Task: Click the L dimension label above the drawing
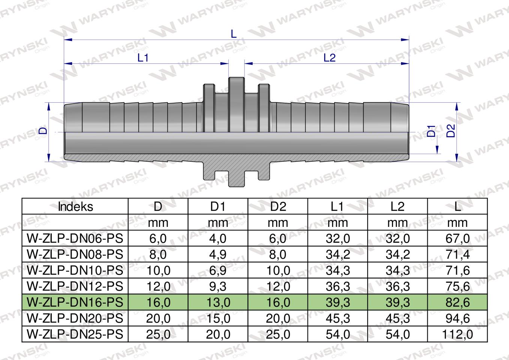click(x=234, y=34)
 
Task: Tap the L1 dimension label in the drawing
click(x=143, y=58)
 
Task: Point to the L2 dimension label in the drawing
click(x=329, y=58)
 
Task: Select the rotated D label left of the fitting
click(x=44, y=131)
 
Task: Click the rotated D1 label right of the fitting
click(x=431, y=131)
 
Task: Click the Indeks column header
click(x=75, y=207)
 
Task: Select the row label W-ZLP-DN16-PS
click(x=75, y=302)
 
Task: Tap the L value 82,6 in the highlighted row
click(x=457, y=302)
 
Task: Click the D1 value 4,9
click(x=218, y=254)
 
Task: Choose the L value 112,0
click(x=457, y=334)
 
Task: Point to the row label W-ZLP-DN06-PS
click(x=75, y=238)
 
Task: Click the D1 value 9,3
click(x=218, y=286)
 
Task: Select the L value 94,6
click(x=457, y=318)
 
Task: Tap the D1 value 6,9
click(x=218, y=270)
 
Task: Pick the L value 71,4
click(x=457, y=254)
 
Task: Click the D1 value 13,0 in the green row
click(x=218, y=302)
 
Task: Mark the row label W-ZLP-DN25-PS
click(x=75, y=334)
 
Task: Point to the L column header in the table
click(x=457, y=207)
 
